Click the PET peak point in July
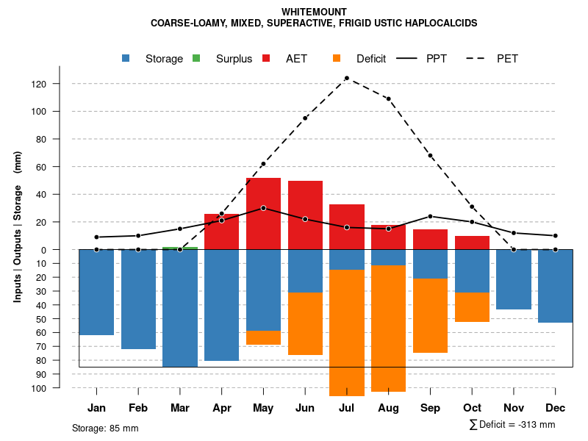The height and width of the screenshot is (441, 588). tap(347, 78)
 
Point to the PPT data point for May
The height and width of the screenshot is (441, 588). tap(263, 208)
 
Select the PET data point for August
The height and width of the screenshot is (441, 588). tap(388, 98)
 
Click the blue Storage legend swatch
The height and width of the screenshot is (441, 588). tap(126, 59)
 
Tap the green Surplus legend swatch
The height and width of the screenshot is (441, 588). tap(196, 59)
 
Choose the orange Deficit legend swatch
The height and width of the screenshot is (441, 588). tap(337, 59)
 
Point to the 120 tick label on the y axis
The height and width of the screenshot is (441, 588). tap(59, 84)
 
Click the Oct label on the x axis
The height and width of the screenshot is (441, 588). tap(472, 408)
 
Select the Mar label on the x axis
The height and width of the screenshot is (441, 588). tap(179, 408)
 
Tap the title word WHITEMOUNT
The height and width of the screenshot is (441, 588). tap(314, 12)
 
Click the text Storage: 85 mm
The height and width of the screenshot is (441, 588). tap(105, 428)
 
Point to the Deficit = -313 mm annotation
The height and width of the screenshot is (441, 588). tap(512, 425)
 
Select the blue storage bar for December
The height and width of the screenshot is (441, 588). tap(555, 286)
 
